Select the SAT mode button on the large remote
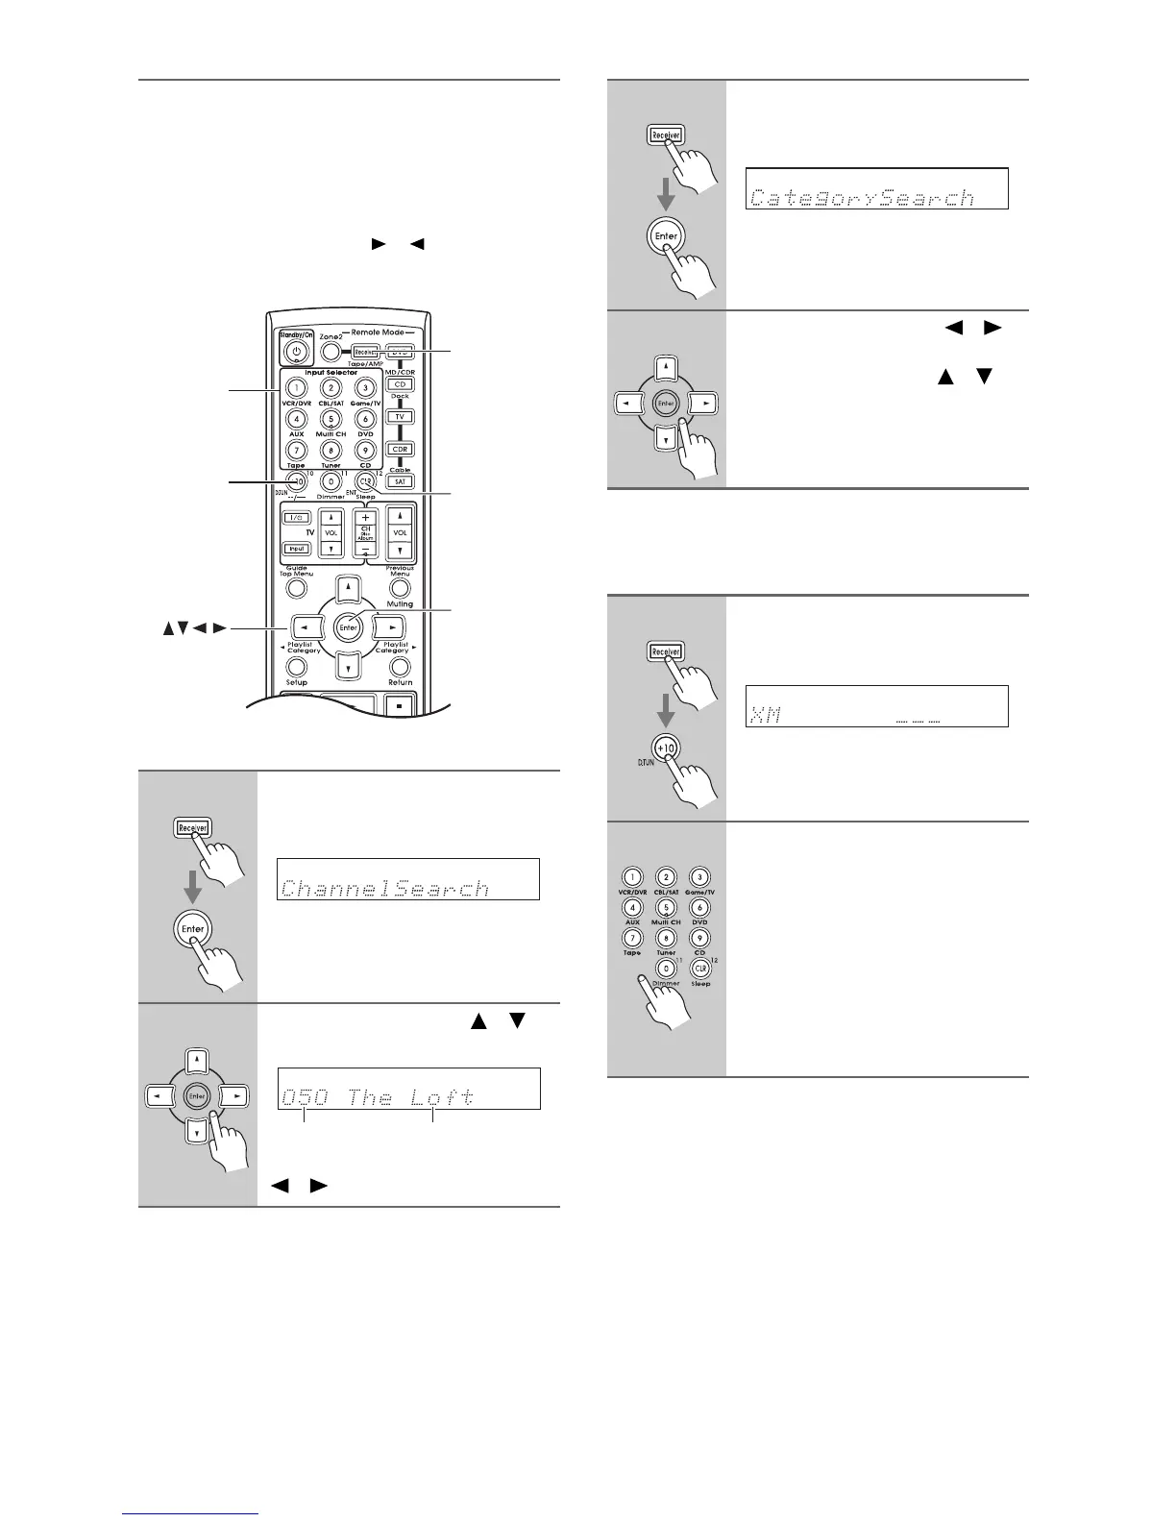tap(400, 481)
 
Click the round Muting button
tap(400, 587)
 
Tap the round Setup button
tap(297, 667)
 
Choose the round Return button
tap(400, 667)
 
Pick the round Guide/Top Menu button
tap(297, 587)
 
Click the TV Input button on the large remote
tap(297, 549)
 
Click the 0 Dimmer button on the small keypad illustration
tap(666, 970)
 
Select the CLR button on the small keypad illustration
tap(700, 970)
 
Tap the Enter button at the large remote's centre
tap(348, 627)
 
